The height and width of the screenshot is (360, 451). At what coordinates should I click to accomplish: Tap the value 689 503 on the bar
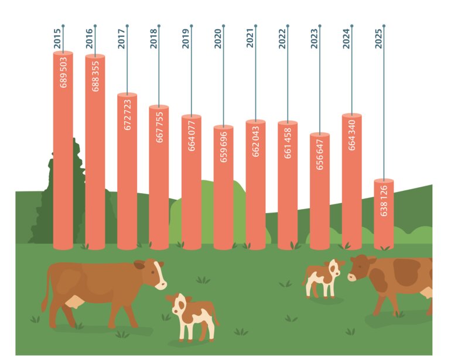click(x=64, y=72)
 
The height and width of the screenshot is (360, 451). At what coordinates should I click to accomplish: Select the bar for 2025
click(x=384, y=217)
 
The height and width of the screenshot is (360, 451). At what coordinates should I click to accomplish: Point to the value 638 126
click(x=384, y=202)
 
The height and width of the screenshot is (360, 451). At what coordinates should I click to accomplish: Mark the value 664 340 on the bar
click(x=351, y=135)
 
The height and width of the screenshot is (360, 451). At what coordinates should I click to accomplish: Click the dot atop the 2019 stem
click(x=192, y=26)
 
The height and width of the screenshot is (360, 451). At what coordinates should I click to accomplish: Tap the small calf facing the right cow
click(x=322, y=277)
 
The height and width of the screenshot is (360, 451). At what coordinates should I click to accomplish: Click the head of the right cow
click(x=361, y=269)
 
